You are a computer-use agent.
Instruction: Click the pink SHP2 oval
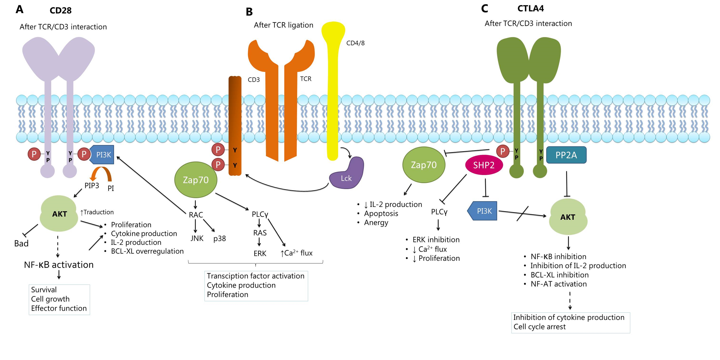coord(484,165)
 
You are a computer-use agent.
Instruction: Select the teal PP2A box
coord(566,155)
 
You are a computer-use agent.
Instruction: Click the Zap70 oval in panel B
coord(196,180)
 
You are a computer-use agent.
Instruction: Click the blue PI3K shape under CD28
coord(102,155)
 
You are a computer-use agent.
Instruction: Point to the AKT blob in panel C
coord(568,217)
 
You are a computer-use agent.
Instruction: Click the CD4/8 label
coord(355,43)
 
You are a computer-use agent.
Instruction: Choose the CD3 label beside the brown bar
coord(254,80)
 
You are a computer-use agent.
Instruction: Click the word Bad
coord(21,243)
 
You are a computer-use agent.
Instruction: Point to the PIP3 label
coord(92,186)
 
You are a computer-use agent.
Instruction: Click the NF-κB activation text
coord(59,265)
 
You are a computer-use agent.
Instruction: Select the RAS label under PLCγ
coord(260,233)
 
